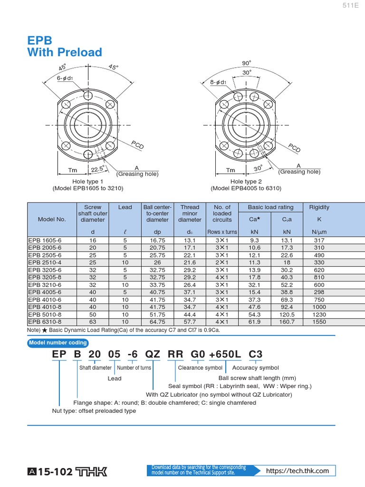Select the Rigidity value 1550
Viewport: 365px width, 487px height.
(319, 322)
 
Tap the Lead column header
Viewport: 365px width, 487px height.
(125, 207)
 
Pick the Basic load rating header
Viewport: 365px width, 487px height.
(270, 207)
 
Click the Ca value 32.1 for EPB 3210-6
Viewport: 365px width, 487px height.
(254, 285)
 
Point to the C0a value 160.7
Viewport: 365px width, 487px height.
(287, 322)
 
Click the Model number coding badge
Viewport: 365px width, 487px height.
(58, 343)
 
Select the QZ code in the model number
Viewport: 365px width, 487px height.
(153, 355)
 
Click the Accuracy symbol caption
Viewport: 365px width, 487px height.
(255, 368)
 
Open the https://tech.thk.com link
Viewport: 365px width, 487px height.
(298, 471)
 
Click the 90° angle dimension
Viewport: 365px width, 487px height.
(246, 63)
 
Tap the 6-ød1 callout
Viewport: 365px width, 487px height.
(64, 78)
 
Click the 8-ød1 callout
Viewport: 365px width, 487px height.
(218, 82)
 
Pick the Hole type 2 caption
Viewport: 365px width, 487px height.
(246, 182)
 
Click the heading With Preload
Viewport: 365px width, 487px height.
(65, 52)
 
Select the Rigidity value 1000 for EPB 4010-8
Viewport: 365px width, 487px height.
(319, 307)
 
